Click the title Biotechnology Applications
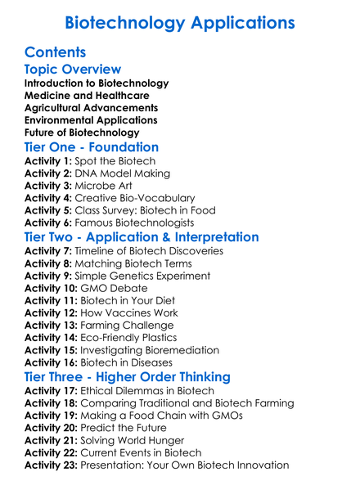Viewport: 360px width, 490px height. pos(180,22)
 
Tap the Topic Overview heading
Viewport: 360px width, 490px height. pos(73,70)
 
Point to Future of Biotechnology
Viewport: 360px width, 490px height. pos(82,133)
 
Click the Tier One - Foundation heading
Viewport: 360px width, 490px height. pos(92,148)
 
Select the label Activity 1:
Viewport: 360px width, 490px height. pos(48,161)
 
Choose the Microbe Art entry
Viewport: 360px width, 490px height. pos(107,186)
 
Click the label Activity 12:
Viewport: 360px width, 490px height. pos(52,313)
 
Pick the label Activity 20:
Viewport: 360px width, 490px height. pos(52,428)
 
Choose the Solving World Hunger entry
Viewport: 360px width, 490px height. pos(137,440)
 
